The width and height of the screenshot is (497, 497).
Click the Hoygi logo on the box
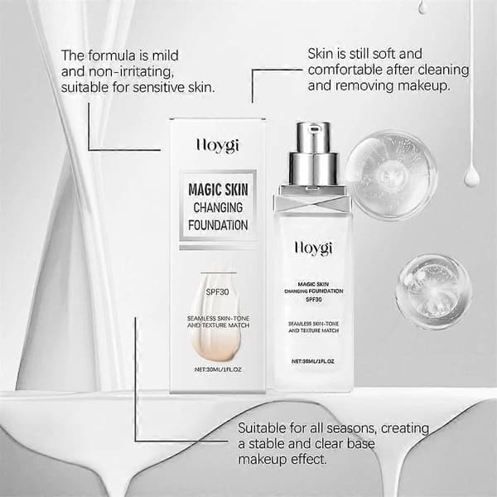pyautogui.click(x=217, y=146)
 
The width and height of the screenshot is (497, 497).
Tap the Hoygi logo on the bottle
pyautogui.click(x=313, y=248)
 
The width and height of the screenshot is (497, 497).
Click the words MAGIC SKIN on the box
pyautogui.click(x=218, y=190)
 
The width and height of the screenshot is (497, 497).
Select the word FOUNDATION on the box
pyautogui.click(x=218, y=225)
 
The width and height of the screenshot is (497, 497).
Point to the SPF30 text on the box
pyautogui.click(x=217, y=292)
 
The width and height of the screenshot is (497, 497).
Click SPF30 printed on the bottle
pyautogui.click(x=313, y=299)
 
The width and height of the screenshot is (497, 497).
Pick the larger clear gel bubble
pyautogui.click(x=392, y=174)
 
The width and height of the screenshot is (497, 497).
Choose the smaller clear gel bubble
pyautogui.click(x=433, y=291)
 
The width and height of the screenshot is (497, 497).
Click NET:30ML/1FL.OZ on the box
pyautogui.click(x=218, y=369)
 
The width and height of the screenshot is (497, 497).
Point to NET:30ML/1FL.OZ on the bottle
pyautogui.click(x=313, y=361)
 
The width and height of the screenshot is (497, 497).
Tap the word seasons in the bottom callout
pyautogui.click(x=351, y=428)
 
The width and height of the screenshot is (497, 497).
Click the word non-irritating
pyautogui.click(x=131, y=71)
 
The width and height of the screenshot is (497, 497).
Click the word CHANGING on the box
pyautogui.click(x=218, y=208)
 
